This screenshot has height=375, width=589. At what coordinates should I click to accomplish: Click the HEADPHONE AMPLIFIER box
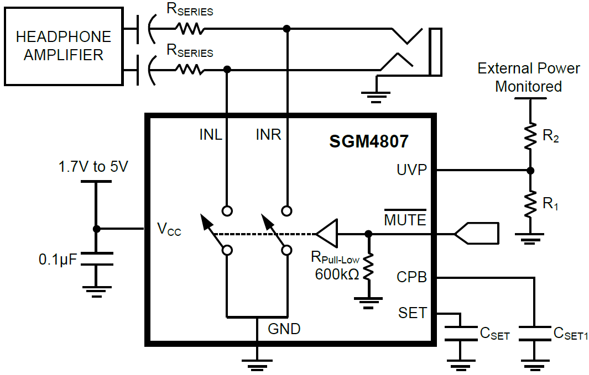pos(63,46)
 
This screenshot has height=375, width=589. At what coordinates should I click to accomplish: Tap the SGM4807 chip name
pos(369,141)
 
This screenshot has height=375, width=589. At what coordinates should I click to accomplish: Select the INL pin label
pos(211,134)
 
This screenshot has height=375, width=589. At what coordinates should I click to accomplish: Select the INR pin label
pos(269,134)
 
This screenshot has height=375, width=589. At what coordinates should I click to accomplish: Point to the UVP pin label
pos(411,170)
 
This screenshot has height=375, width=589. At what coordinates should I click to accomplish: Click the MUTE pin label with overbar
pos(405,220)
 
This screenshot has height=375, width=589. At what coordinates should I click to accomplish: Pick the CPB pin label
pos(412,277)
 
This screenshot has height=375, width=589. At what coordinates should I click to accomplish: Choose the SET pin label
pos(413,313)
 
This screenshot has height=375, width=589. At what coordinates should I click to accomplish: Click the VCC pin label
pos(169,229)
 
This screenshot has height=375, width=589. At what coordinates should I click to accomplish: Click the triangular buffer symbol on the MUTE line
pos(326,234)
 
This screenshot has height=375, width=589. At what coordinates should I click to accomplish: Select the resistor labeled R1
pos(530,203)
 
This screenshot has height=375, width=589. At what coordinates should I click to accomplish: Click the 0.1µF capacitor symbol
pos(96,259)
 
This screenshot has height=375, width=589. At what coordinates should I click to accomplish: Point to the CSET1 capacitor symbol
pos(534,334)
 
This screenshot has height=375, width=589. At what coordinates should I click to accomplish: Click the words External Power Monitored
pos(529,77)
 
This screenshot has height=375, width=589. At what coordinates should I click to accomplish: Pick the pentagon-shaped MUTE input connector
pos(476,234)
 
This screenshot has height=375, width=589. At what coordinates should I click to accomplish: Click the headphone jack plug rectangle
pos(436,51)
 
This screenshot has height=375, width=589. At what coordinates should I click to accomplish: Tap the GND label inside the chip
pos(284,329)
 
